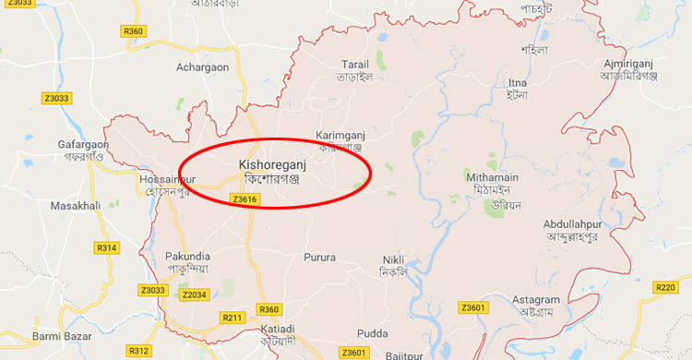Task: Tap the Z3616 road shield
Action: click(x=245, y=198)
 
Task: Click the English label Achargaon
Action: click(x=202, y=66)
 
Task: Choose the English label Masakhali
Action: click(x=74, y=205)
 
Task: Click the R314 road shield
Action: click(x=107, y=247)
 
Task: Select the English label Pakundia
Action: click(x=189, y=255)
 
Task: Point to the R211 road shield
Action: click(x=232, y=318)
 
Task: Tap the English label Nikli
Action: click(x=392, y=260)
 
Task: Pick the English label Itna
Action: click(x=518, y=83)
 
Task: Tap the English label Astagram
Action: click(x=535, y=300)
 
